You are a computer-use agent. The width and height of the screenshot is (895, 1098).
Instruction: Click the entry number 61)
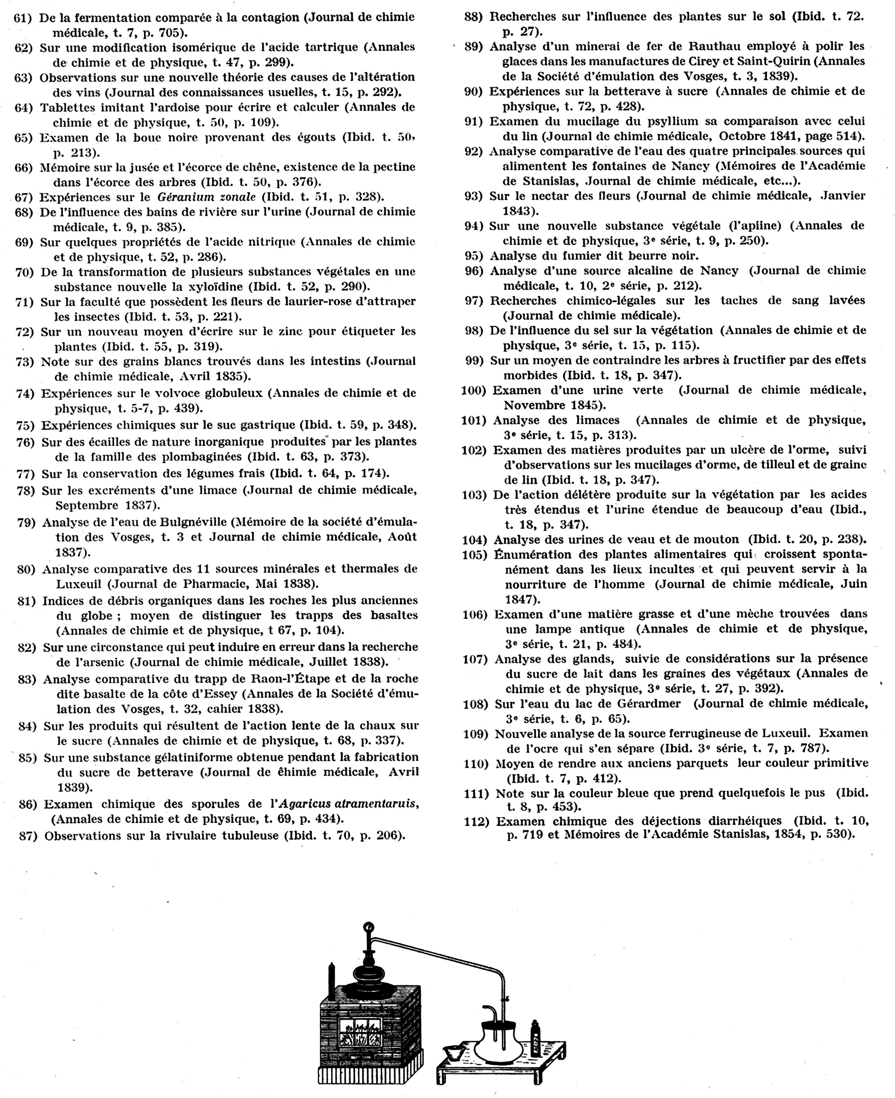click(x=23, y=18)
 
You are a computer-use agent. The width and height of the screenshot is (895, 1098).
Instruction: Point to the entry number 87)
click(x=28, y=836)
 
